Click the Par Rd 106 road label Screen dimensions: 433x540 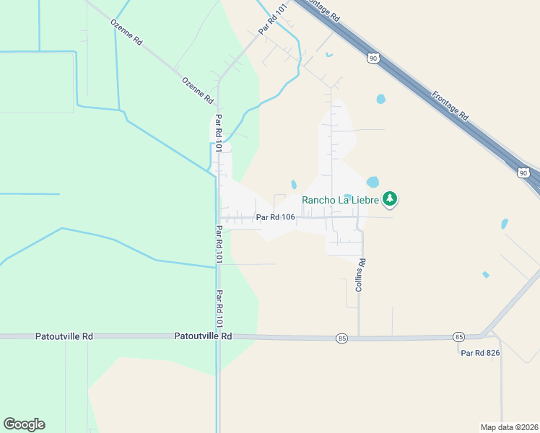[x=274, y=216]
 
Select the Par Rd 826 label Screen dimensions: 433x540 [x=480, y=353]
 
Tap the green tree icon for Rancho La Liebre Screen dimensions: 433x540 [x=390, y=198]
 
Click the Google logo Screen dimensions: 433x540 [x=24, y=424]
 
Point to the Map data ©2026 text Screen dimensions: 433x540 [x=509, y=427]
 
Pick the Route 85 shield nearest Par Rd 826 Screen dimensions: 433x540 [x=458, y=337]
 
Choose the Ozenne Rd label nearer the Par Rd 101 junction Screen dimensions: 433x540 [x=198, y=89]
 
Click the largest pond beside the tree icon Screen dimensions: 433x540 [x=373, y=182]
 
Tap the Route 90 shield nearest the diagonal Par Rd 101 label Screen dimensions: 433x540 [x=373, y=58]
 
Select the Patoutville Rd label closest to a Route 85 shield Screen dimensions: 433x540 [x=203, y=336]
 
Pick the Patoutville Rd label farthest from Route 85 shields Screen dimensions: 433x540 [x=64, y=336]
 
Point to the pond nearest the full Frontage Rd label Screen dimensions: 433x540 [x=380, y=98]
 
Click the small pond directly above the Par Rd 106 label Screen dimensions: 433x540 [x=294, y=185]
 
